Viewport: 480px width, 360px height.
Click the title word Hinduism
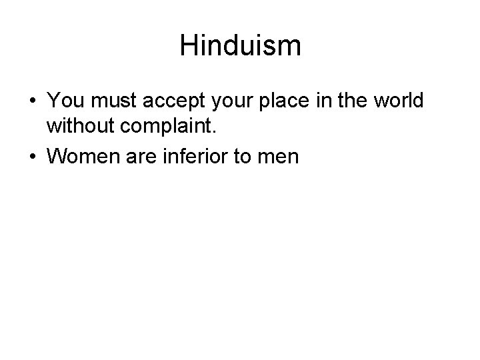240,46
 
